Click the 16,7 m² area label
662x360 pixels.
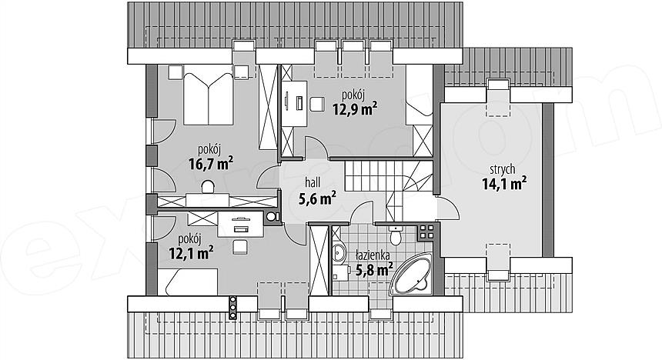(211, 163)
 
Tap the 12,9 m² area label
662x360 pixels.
(355, 109)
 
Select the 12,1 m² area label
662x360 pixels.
(191, 253)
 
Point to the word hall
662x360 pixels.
(313, 182)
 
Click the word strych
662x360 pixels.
(503, 169)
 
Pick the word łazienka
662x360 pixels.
(373, 255)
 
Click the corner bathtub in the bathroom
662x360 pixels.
(413, 274)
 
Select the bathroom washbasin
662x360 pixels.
(338, 252)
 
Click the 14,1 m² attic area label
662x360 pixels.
(504, 184)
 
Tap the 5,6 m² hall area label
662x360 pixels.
(317, 197)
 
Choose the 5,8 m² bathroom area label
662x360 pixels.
(374, 268)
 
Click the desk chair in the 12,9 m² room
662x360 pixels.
(316, 104)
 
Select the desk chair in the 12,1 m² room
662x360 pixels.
(239, 246)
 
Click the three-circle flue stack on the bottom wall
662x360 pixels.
(232, 307)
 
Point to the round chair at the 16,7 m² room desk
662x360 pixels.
(207, 186)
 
